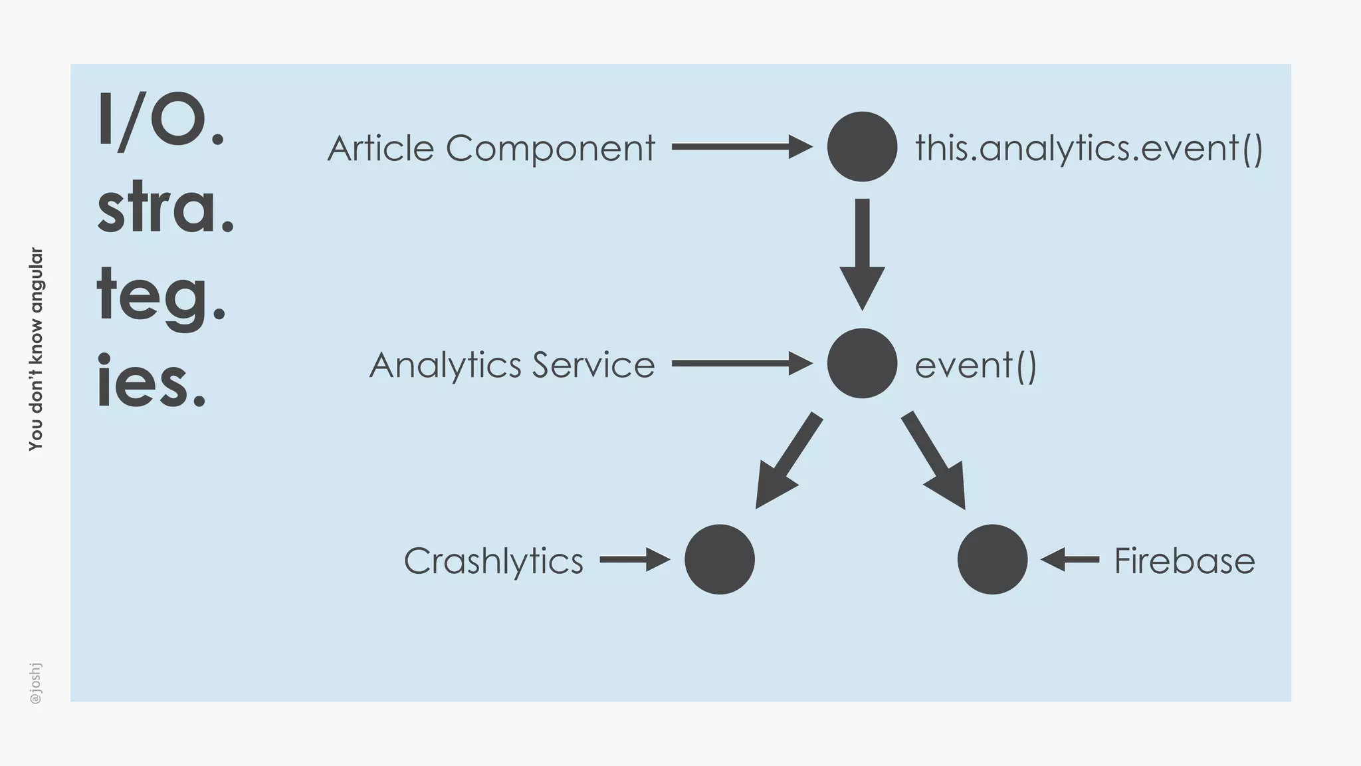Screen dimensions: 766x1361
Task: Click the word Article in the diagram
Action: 381,148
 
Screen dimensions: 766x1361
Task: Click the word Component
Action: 550,149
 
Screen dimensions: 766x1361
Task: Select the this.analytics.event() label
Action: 1089,148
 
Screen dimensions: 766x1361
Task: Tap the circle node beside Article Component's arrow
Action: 862,146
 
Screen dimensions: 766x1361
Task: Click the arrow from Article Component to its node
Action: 741,146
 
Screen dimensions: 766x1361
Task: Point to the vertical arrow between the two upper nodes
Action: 862,253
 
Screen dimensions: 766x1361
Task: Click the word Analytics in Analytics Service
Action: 445,365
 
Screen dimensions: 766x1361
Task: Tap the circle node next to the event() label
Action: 862,363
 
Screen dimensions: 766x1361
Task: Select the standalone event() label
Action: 976,365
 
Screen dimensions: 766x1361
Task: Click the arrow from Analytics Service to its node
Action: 741,364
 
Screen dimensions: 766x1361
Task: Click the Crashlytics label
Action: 493,561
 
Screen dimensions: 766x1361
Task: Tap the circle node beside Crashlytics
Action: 720,559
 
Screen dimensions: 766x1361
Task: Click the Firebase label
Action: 1184,561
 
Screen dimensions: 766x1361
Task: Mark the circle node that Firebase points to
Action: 992,559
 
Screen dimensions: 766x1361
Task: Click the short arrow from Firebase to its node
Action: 1070,560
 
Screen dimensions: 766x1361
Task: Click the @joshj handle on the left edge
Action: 36,683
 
